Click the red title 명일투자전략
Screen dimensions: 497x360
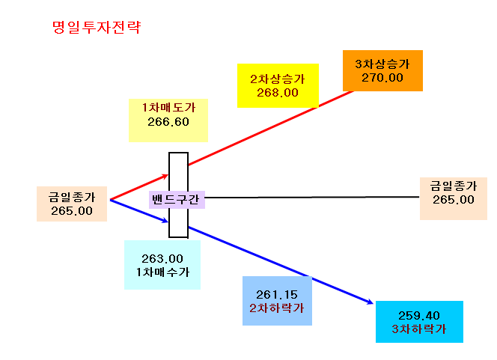[x=97, y=27]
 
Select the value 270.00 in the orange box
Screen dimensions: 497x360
[x=382, y=78]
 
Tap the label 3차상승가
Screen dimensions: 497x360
[x=382, y=64]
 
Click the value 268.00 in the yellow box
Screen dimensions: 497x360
[x=278, y=93]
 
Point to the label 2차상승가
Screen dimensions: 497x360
[x=278, y=79]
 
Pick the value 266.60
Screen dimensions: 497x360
[x=168, y=122]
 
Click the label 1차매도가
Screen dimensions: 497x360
[x=168, y=108]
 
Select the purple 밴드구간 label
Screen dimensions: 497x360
[x=177, y=200]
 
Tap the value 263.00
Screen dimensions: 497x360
[x=162, y=259]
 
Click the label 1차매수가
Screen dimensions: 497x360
[x=162, y=272]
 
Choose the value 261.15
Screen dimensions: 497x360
[x=277, y=295]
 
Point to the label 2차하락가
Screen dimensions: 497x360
[x=277, y=308]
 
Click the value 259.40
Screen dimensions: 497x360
[x=419, y=316]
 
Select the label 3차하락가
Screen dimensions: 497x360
[x=419, y=329]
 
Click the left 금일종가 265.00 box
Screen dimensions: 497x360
[x=72, y=204]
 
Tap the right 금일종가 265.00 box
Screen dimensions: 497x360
[x=454, y=198]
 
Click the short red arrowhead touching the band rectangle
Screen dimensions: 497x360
[x=165, y=176]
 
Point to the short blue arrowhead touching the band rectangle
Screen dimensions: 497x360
[x=165, y=220]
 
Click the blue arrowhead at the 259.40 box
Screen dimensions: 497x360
[x=370, y=302]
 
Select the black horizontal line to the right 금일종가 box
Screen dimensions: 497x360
[x=312, y=197]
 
